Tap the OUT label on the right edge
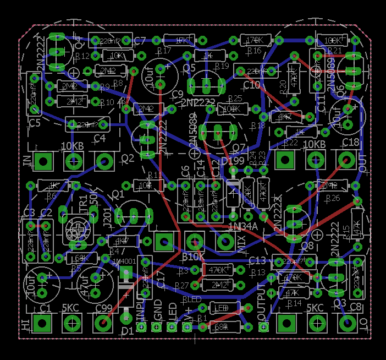[x=362, y=163]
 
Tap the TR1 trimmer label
[x=84, y=203]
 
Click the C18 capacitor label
[x=350, y=143]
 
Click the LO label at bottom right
[x=362, y=324]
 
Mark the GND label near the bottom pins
[x=158, y=310]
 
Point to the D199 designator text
[x=232, y=161]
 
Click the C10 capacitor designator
[x=251, y=85]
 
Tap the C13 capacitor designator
[x=257, y=260]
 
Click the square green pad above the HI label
[x=42, y=323]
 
